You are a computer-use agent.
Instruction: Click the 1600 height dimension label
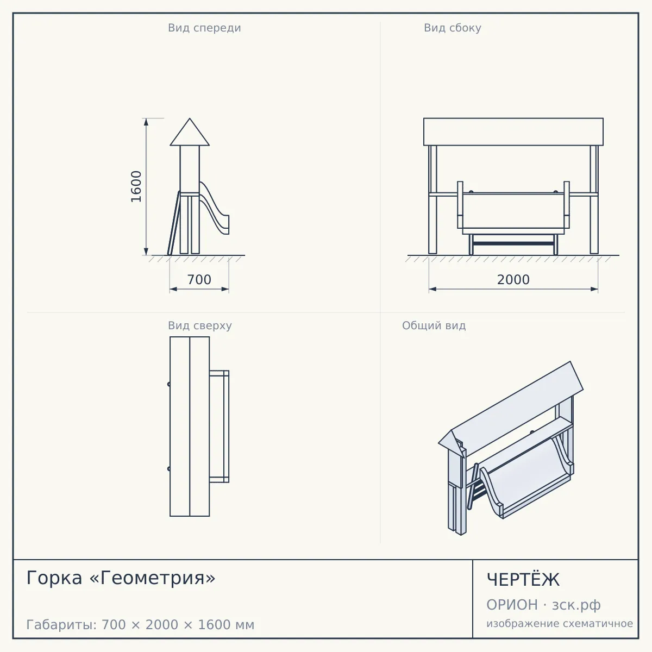(x=136, y=186)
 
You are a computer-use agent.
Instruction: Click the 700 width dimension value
(x=199, y=280)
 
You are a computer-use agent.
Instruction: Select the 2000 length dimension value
(x=513, y=280)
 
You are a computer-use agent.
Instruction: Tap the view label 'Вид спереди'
(x=204, y=28)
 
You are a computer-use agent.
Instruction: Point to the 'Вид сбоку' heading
(x=453, y=28)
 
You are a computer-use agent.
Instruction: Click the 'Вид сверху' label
(x=200, y=325)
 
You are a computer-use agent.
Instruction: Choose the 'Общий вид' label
(x=434, y=325)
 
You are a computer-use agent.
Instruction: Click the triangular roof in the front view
(x=190, y=133)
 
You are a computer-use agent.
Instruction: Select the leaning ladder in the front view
(x=174, y=223)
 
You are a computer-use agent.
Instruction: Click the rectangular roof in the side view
(x=513, y=131)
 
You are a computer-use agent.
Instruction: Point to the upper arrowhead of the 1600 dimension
(x=146, y=122)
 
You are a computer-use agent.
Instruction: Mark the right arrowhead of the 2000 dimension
(x=594, y=289)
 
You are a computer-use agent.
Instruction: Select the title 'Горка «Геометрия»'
(x=121, y=578)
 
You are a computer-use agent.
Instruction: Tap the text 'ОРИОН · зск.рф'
(x=543, y=605)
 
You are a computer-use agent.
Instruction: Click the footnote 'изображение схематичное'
(x=560, y=623)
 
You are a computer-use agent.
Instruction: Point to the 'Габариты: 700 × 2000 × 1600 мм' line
(x=140, y=625)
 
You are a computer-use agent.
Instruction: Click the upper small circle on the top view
(x=169, y=384)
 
